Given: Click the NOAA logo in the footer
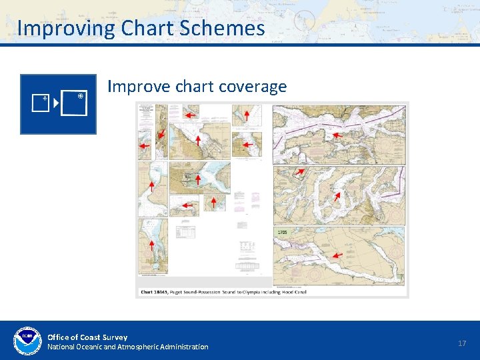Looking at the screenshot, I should coord(27,341).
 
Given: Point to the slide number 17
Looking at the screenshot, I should coord(462,343).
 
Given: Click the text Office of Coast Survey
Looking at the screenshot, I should coord(87,337).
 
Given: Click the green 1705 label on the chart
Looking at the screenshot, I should coord(282,232).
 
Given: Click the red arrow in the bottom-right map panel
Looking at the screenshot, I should coord(337,255).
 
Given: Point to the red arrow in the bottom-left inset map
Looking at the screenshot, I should coord(152,245).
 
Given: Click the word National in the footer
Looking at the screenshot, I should coord(61,347).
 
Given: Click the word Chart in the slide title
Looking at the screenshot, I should coord(145,29).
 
